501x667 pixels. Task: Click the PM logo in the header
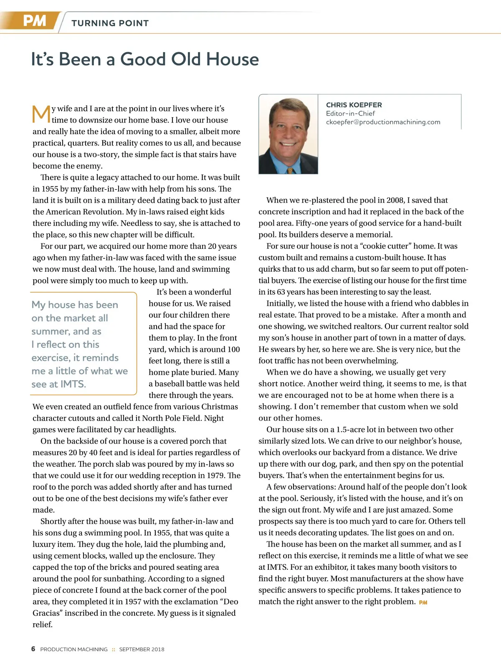[34, 21]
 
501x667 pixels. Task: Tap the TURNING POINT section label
[110, 23]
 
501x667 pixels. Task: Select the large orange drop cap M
[41, 114]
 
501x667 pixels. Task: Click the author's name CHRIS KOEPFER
[354, 105]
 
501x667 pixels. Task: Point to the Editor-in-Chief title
[350, 113]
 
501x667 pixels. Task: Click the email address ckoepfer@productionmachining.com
[383, 122]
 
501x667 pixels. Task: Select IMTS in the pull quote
[73, 384]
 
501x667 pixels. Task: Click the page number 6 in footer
[33, 649]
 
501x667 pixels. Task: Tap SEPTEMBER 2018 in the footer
[142, 649]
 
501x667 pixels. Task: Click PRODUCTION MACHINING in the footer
[74, 649]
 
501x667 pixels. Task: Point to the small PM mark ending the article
[423, 602]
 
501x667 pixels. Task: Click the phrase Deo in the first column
[231, 602]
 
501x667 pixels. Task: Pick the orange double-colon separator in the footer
[113, 649]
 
